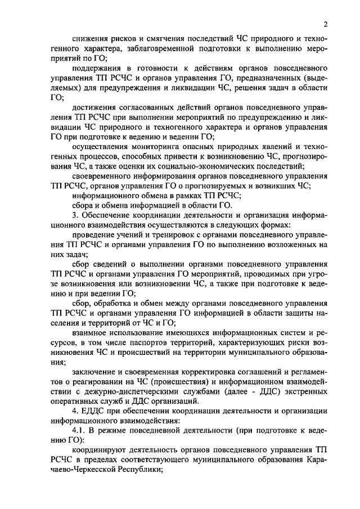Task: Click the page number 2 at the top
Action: tap(326, 24)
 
